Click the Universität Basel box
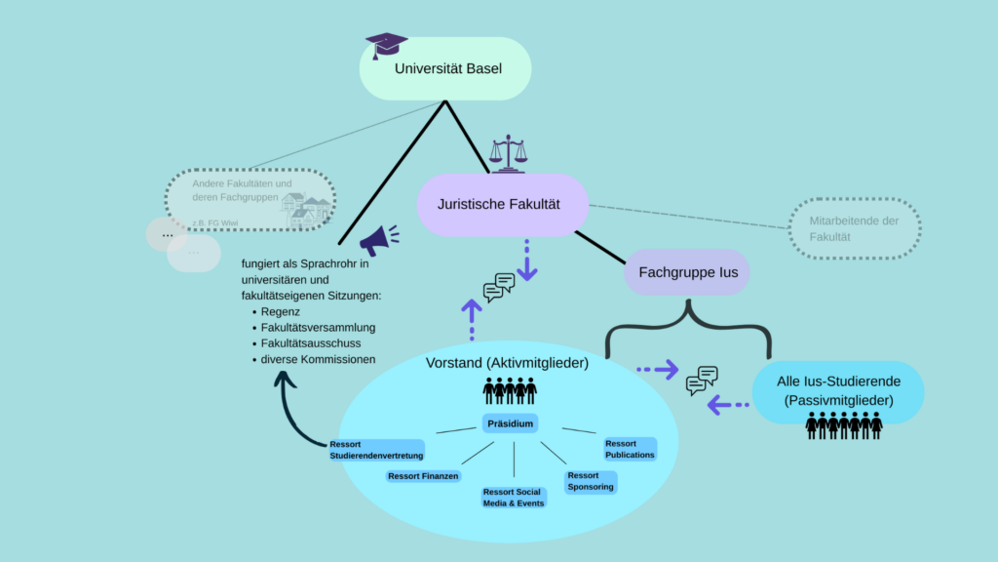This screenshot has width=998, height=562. (x=445, y=69)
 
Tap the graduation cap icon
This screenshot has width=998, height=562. (x=386, y=45)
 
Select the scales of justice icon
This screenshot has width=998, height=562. (x=507, y=154)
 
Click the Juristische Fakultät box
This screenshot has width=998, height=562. (x=501, y=204)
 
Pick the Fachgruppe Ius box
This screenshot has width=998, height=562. (x=687, y=272)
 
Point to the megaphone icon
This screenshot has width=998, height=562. (x=378, y=239)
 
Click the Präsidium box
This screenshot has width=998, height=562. (x=510, y=424)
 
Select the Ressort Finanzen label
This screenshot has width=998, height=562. (x=422, y=476)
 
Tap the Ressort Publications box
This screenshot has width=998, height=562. (x=630, y=449)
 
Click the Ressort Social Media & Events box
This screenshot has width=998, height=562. (x=514, y=497)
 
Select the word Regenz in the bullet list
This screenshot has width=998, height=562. (x=280, y=312)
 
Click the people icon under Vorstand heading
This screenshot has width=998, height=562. (x=510, y=391)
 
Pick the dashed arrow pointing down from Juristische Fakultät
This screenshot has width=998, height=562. (x=527, y=261)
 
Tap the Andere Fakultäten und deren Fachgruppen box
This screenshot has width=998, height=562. (x=250, y=200)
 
